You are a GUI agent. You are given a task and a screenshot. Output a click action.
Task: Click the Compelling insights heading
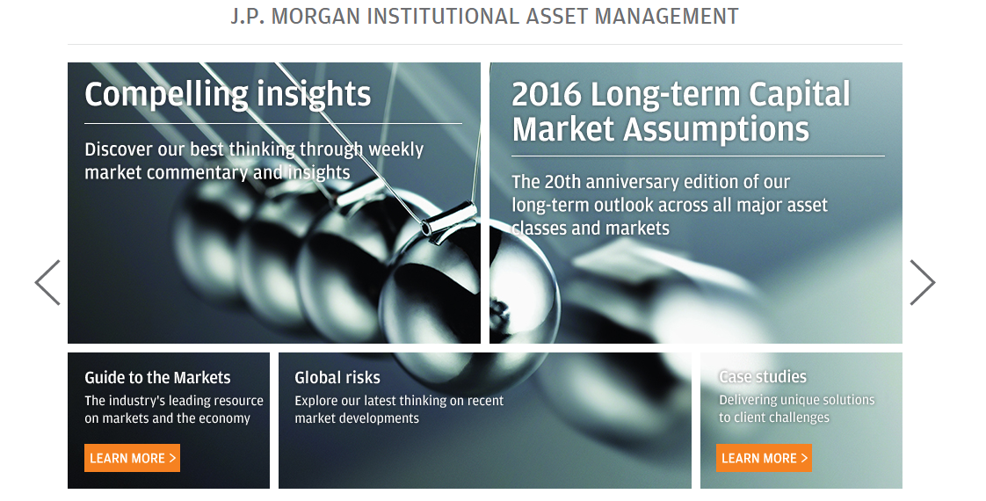(x=228, y=95)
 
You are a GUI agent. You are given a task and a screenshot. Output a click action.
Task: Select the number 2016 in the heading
(x=547, y=94)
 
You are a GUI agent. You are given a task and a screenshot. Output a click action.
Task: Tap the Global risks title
(x=337, y=377)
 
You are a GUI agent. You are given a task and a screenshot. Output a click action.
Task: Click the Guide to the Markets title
(x=158, y=377)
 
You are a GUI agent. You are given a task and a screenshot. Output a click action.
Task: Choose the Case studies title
(x=763, y=376)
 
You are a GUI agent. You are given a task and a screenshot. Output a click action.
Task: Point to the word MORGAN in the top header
(x=315, y=16)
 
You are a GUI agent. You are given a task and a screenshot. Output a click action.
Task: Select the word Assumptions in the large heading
(x=716, y=130)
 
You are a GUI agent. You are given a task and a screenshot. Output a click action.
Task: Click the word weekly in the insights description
(x=396, y=150)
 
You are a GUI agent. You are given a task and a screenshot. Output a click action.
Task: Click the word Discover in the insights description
(x=119, y=149)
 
